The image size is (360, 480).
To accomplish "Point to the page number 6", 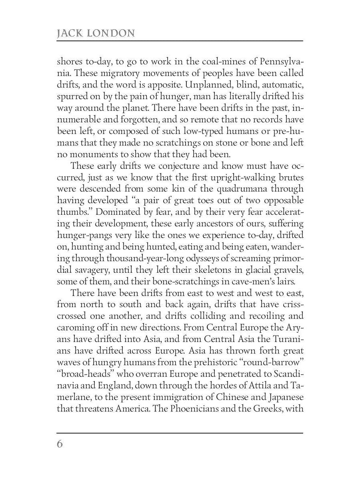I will point(60,444).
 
